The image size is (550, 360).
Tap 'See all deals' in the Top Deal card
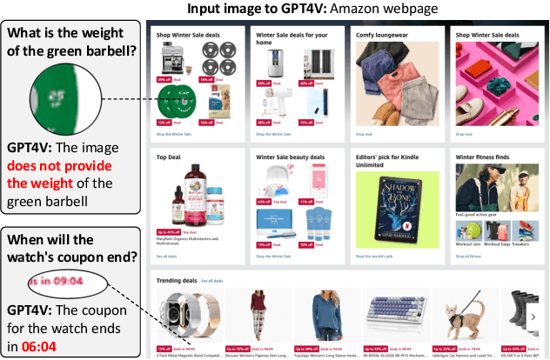pyautogui.click(x=164, y=257)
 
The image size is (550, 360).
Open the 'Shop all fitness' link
pyautogui.click(x=468, y=257)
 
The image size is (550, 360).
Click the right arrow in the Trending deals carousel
pyautogui.click(x=532, y=317)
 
